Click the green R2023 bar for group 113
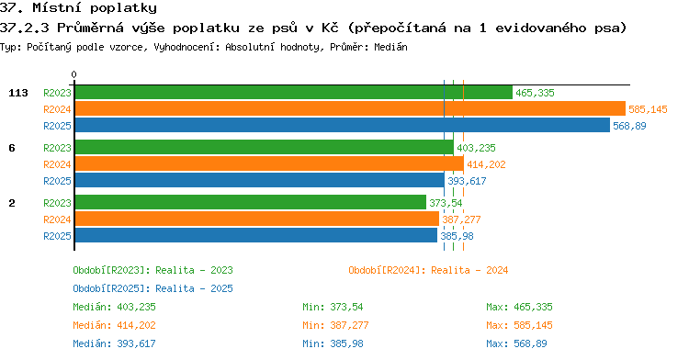pos(294,93)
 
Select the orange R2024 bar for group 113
pos(350,109)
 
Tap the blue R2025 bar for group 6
pos(260,180)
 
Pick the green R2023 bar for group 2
pos(251,202)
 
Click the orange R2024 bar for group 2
pos(257,219)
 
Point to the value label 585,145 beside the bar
pos(648,109)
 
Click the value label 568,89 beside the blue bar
pos(629,126)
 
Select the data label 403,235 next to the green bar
pos(476,148)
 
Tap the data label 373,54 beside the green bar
pos(446,203)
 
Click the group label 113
pos(18,93)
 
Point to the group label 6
pos(12,148)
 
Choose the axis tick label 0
pos(73,74)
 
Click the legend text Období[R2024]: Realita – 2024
pos(428,270)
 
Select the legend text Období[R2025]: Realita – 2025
pos(152,288)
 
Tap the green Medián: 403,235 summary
pos(114,307)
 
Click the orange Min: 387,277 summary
pos(335,325)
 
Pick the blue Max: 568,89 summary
pos(516,343)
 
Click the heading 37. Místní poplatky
pos(78,8)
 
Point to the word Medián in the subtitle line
pos(390,47)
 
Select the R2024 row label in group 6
pos(57,164)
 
